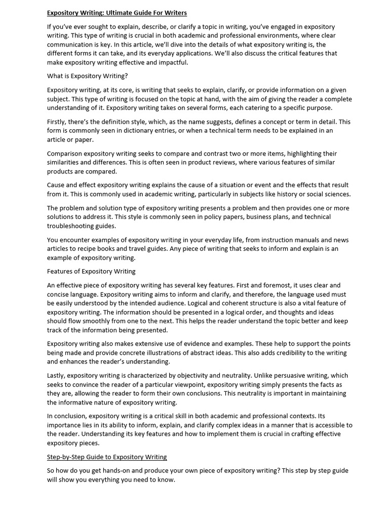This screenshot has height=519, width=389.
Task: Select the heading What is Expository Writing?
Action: click(87, 76)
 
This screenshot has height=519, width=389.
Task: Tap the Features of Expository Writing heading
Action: click(91, 271)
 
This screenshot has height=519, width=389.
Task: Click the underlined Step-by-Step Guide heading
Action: click(107, 457)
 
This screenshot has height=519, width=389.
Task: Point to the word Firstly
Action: click(57, 122)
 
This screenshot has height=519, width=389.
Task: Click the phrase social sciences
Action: click(326, 194)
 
